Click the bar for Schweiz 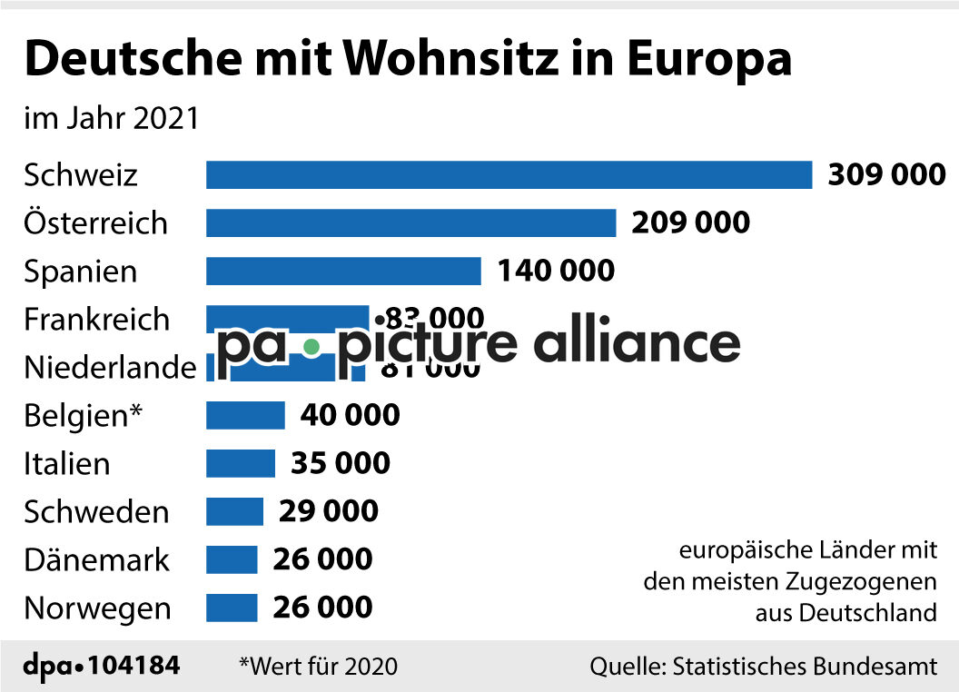(x=509, y=174)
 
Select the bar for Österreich (x=410, y=222)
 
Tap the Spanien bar (x=343, y=271)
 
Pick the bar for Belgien (x=245, y=415)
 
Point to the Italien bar (x=240, y=463)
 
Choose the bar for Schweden (x=234, y=511)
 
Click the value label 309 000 (x=886, y=174)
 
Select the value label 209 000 (x=690, y=222)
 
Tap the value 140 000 (x=555, y=271)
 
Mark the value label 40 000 (x=350, y=415)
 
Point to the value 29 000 (x=328, y=511)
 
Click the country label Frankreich (x=96, y=320)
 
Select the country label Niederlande (x=110, y=368)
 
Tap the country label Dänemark (x=96, y=559)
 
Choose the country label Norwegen (x=97, y=608)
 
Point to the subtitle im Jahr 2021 (x=111, y=119)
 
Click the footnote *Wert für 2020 (x=318, y=666)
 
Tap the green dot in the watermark (x=311, y=346)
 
